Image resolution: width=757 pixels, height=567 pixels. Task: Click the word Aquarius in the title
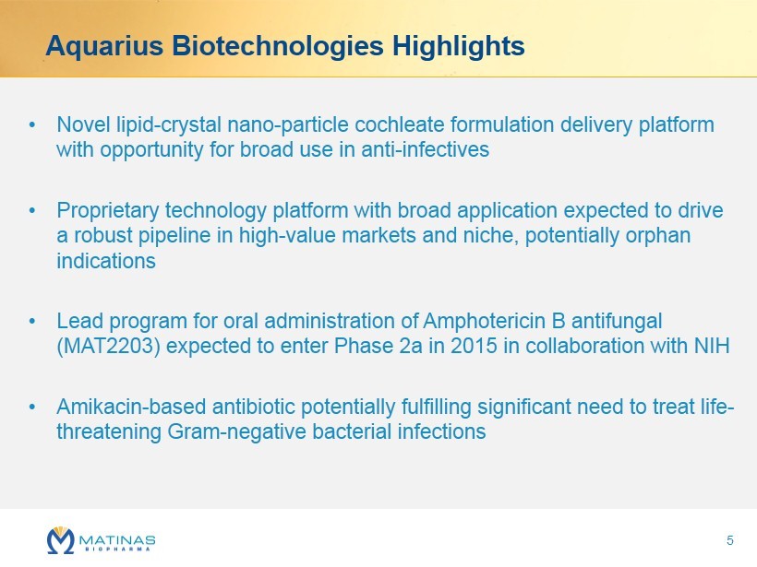104,47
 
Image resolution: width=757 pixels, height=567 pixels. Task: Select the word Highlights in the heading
458,47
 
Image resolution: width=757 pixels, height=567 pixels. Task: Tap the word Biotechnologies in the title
278,47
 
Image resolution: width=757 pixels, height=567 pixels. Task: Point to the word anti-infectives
425,149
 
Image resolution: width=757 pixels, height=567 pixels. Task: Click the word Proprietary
108,211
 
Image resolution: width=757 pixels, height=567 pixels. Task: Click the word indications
106,261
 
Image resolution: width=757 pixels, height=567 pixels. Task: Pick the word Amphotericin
487,321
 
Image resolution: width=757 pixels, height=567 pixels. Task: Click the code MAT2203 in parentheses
109,346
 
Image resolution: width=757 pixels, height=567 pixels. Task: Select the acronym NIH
712,346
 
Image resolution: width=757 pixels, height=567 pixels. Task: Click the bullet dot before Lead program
32,321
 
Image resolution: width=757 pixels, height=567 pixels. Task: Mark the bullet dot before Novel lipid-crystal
32,124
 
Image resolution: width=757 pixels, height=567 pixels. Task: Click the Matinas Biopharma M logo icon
61,540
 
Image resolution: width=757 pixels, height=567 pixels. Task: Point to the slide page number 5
730,540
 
